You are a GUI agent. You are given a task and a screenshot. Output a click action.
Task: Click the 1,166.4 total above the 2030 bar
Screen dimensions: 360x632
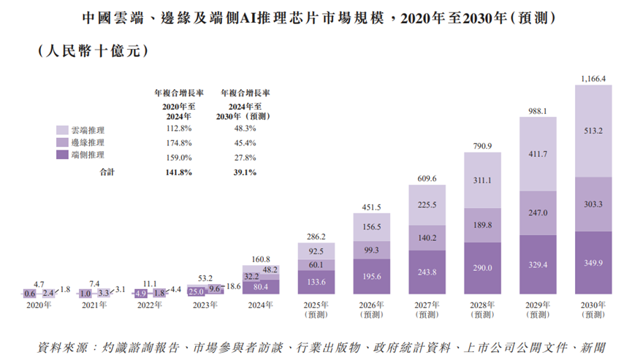point(593,78)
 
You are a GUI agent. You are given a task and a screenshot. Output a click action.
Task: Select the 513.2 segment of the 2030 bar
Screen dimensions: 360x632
point(593,131)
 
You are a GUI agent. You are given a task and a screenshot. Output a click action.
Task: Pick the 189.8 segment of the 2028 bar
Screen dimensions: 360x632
point(482,225)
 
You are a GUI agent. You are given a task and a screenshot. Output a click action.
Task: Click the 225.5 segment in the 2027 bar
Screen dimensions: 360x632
point(427,205)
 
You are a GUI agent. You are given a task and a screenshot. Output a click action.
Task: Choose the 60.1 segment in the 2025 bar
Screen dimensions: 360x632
point(316,264)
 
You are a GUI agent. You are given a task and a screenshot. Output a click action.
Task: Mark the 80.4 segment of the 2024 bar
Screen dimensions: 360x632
point(260,286)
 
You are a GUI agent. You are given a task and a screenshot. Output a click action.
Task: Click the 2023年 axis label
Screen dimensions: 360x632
point(205,307)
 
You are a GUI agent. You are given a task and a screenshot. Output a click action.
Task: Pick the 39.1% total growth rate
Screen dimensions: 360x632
point(245,172)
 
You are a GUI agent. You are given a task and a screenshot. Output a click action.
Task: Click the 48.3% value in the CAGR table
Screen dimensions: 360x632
point(245,129)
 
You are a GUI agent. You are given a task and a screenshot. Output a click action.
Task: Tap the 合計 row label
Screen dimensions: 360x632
point(107,172)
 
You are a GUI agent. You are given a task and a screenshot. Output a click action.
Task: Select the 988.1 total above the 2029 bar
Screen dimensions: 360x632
point(538,111)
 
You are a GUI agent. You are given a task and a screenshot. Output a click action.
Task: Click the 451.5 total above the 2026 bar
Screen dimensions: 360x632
point(371,207)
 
